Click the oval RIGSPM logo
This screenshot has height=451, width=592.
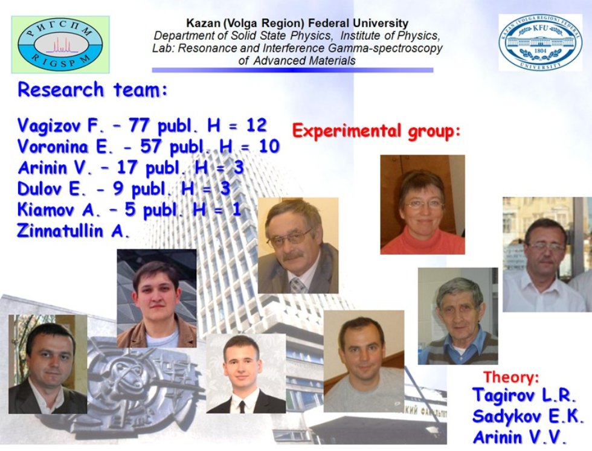60,44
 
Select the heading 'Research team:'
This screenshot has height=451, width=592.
92,91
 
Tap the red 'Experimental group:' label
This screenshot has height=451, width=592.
376,130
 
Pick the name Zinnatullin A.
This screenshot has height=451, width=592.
74,231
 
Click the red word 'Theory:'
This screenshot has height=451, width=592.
510,378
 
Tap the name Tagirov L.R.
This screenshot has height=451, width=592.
524,397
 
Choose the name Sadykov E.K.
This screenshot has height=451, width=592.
527,417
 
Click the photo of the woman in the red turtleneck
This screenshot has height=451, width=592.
422,204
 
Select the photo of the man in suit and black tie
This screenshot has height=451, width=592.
246,374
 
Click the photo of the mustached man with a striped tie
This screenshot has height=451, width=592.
298,245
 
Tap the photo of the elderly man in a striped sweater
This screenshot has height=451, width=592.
457,316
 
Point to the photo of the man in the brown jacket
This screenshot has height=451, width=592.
156,299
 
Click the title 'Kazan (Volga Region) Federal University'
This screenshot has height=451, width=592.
289,24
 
